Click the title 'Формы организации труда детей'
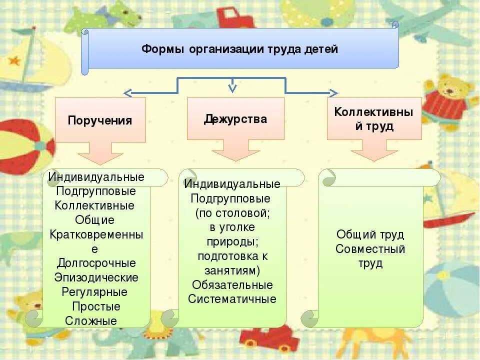coord(240,49)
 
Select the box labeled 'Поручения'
coord(100,120)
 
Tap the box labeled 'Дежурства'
coord(235,118)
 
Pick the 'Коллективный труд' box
coord(374,118)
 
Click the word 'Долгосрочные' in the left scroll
coord(96,263)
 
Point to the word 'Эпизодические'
coord(96,277)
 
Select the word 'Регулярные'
coord(95,291)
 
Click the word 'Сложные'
coord(91,320)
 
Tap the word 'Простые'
coord(96,306)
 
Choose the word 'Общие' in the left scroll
coord(95,220)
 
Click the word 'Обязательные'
coord(232,285)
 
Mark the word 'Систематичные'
coord(232,299)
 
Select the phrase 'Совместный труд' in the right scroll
coord(370,256)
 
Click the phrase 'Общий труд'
coord(370,234)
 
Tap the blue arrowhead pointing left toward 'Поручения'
coord(128,92)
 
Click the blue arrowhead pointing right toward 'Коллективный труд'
coord(333,92)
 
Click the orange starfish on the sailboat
coord(14,61)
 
